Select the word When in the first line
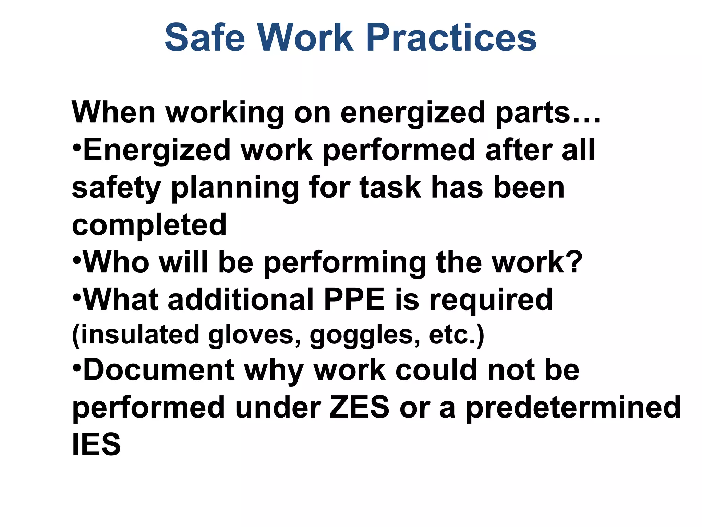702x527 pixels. [x=113, y=113]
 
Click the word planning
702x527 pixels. [x=235, y=188]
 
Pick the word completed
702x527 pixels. [x=149, y=225]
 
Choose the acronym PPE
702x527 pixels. [x=354, y=300]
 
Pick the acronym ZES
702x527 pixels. [x=359, y=408]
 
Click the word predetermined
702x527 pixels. [x=573, y=408]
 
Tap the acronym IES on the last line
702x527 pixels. [x=96, y=445]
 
